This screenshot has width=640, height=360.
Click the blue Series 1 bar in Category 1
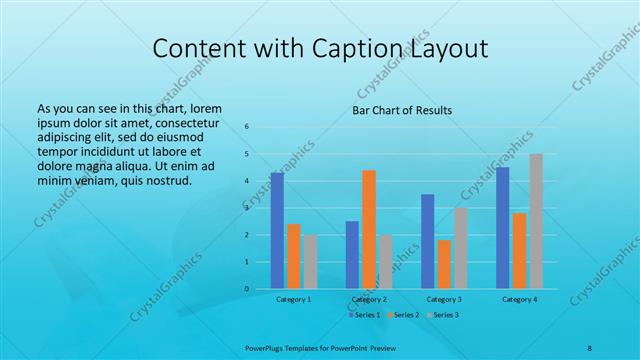277,231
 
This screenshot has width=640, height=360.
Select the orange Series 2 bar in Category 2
369,229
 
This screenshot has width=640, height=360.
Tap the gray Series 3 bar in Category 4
536,221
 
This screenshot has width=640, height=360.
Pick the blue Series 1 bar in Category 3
428,241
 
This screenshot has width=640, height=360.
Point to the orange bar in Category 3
444,264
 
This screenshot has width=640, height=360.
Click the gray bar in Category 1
310,262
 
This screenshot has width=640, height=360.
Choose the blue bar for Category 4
503,228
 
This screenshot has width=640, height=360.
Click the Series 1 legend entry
364,315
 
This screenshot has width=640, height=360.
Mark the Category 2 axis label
369,299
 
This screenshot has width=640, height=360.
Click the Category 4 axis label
519,299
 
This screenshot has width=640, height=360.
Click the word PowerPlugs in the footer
266,348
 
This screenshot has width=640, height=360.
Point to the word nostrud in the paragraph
166,180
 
